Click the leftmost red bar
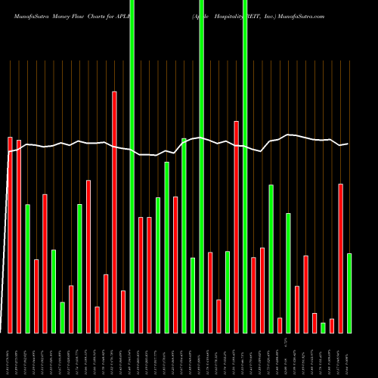pyautogui.click(x=10, y=234)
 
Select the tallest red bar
pyautogui.click(x=115, y=212)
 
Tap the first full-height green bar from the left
pyautogui.click(x=132, y=166)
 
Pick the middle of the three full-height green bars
pyautogui.click(x=202, y=166)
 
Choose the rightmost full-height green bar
pyautogui.click(x=245, y=166)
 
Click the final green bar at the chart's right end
pyautogui.click(x=349, y=293)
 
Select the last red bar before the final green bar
pyautogui.click(x=341, y=258)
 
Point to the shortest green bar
pyautogui.click(x=324, y=327)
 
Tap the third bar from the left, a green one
pyautogui.click(x=28, y=268)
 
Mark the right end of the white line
pyautogui.click(x=348, y=144)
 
